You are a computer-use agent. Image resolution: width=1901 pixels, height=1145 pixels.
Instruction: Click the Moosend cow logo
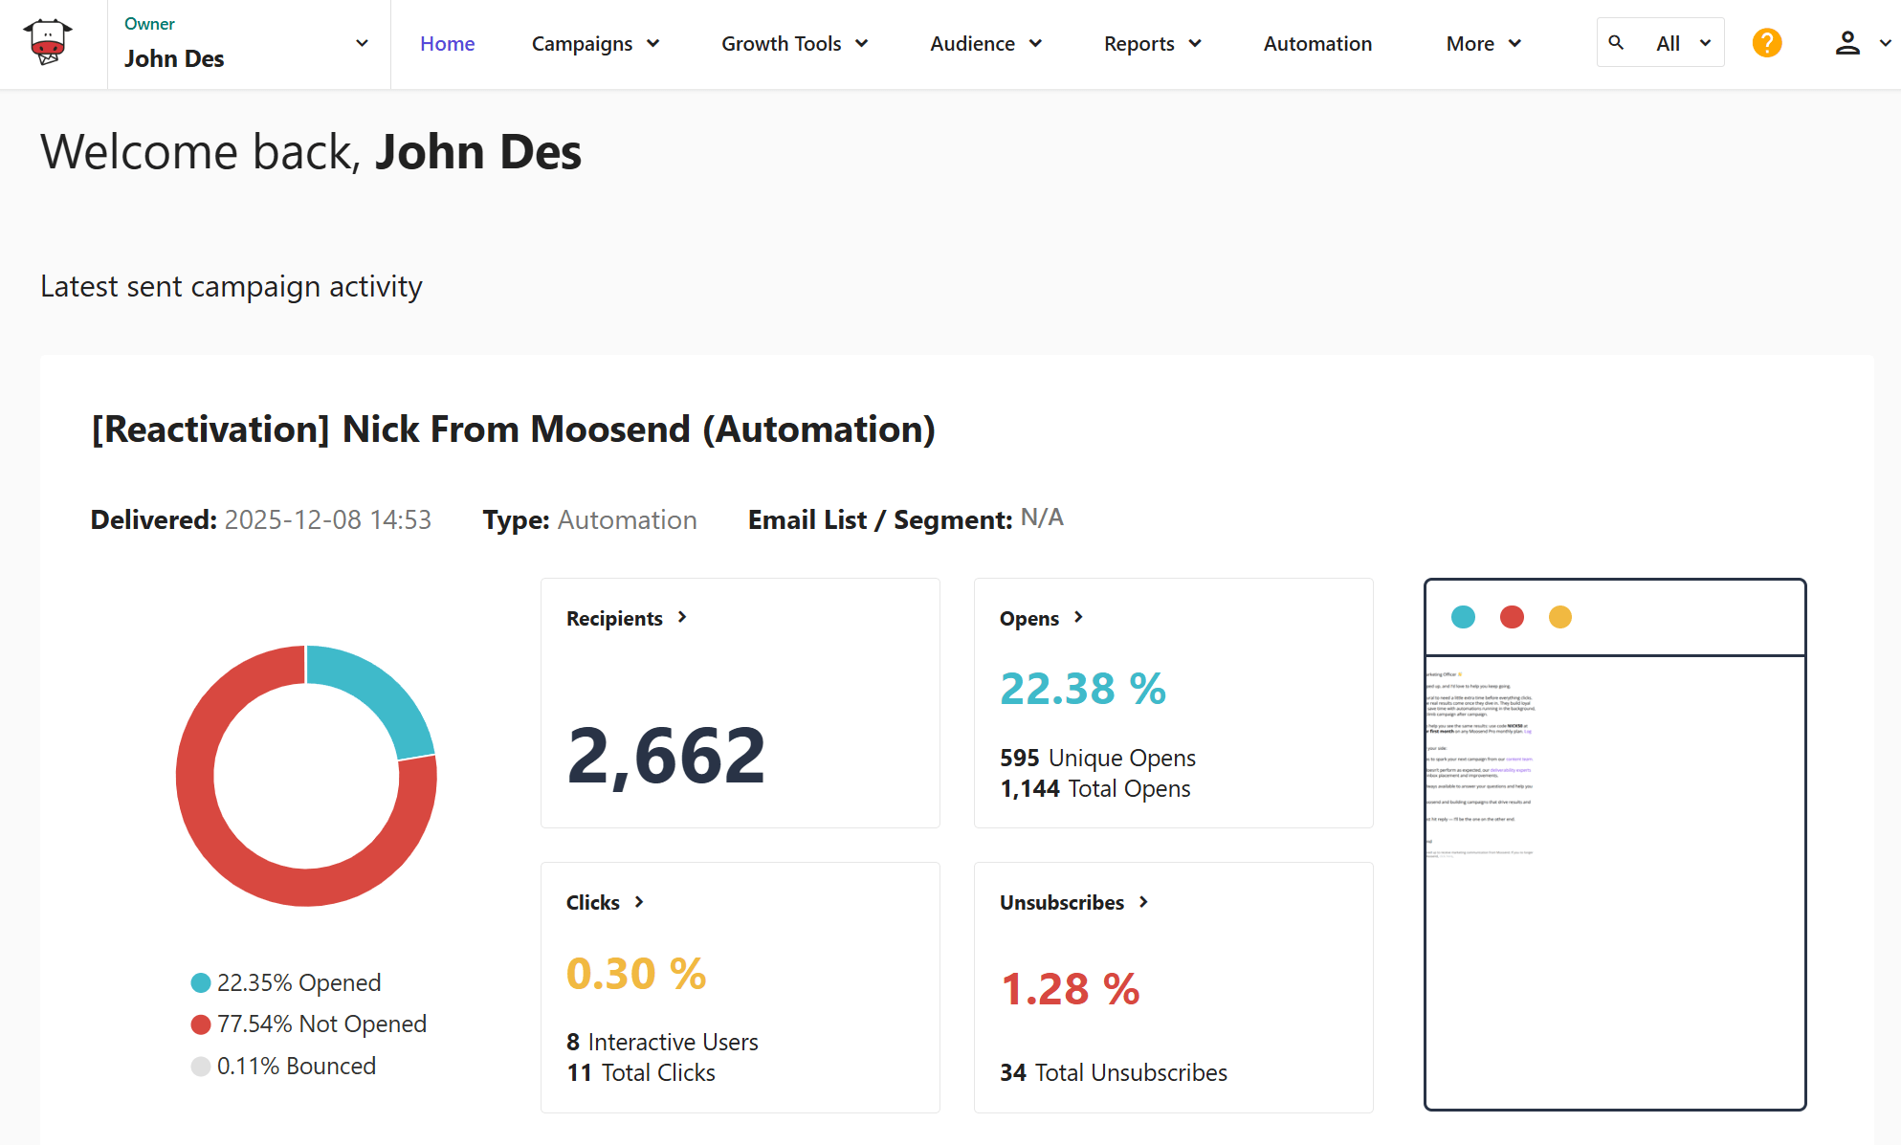click(48, 42)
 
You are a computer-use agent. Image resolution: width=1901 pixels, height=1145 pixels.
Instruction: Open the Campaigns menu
click(594, 44)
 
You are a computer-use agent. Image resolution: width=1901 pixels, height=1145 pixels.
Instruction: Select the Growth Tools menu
click(793, 44)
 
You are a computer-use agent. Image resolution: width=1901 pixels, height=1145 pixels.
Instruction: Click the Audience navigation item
click(984, 44)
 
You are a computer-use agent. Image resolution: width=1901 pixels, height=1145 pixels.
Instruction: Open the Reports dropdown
click(1151, 44)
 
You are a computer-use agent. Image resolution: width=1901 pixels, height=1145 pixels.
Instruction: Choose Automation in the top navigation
click(1316, 44)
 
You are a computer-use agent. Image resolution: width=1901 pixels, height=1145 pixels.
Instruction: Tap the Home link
click(447, 44)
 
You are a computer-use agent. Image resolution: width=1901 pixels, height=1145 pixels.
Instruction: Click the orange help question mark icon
click(1766, 43)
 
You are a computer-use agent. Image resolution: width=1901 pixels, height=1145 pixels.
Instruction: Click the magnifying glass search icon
click(1616, 43)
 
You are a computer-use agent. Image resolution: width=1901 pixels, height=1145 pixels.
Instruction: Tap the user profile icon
click(1846, 43)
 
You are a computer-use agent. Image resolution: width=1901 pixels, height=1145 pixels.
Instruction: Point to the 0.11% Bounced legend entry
click(295, 1066)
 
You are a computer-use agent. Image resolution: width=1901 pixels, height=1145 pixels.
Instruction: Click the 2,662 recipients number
click(666, 756)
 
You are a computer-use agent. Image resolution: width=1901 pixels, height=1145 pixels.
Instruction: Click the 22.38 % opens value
click(1082, 689)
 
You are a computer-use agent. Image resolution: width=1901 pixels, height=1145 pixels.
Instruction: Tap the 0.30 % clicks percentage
click(635, 974)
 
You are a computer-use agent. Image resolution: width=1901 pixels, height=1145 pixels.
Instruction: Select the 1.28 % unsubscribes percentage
click(1070, 989)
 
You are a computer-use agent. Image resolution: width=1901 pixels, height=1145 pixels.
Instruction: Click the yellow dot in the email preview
click(1559, 617)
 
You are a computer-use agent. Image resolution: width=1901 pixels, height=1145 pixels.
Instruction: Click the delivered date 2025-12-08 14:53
click(327, 519)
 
